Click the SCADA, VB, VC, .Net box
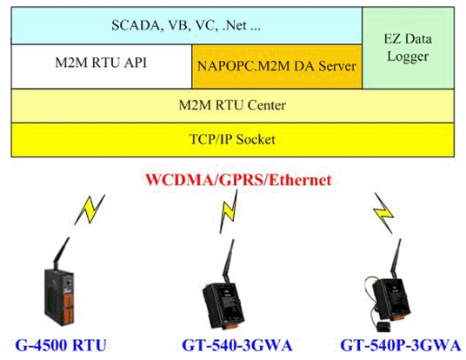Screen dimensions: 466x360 pos(186,25)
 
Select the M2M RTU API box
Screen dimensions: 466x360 pos(102,67)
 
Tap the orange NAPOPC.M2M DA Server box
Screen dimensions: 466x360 pos(277,67)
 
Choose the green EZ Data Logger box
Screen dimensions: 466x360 pos(409,48)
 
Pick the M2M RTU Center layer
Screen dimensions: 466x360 pos(233,105)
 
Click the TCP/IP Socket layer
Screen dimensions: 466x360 pos(233,140)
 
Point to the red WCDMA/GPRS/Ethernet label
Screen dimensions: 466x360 pos(238,180)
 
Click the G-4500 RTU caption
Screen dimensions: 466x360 pos(61,345)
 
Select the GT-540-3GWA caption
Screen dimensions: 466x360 pos(237,345)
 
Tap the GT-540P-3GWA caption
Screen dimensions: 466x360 pos(401,345)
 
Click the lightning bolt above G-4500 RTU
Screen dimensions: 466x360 pos(90,210)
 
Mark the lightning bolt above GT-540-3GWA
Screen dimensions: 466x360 pos(229,211)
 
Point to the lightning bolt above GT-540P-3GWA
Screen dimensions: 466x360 pos(383,213)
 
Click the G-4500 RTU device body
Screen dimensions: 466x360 pos(59,297)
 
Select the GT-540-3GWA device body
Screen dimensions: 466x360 pos(223,305)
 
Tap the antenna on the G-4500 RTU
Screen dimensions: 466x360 pos(61,253)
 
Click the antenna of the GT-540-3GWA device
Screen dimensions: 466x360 pos(229,262)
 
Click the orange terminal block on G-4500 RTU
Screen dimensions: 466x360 pos(68,310)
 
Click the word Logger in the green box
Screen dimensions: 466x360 pos(408,57)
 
